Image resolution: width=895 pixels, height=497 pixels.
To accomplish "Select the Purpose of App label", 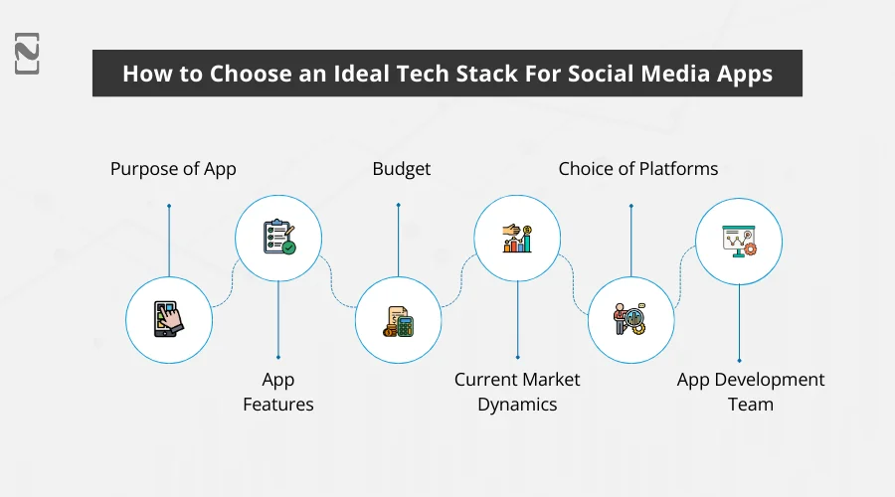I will coord(173,169).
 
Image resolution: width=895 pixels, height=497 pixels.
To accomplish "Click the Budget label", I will coord(402,169).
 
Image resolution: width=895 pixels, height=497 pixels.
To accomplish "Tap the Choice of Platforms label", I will coord(637,169).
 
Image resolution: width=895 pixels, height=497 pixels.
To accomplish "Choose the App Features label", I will coord(278,392).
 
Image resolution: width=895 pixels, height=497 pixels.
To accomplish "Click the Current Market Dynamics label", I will coord(517,392).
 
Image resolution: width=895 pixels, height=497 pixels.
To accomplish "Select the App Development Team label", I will coord(751,392).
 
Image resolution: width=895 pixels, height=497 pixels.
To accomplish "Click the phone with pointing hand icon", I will coord(168,319).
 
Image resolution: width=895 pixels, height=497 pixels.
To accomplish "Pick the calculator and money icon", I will coord(398,319).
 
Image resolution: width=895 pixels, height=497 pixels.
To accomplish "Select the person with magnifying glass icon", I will coord(629,319).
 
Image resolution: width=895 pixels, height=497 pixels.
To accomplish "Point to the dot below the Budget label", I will coord(398,206).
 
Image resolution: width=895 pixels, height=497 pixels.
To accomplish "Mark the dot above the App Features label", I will coord(278,357).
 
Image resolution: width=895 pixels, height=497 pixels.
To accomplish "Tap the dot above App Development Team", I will coord(738,360).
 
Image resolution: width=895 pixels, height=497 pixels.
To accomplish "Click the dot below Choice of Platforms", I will coord(630,206).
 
